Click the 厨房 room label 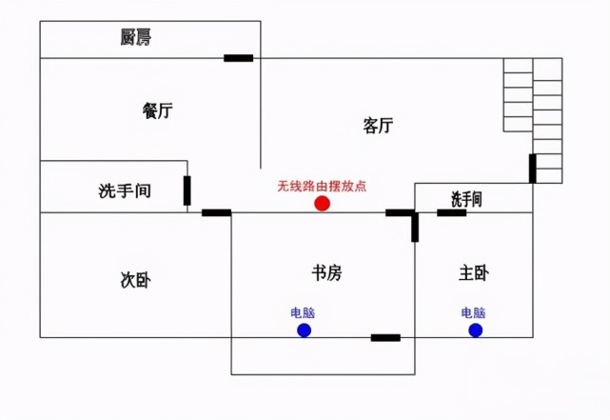135,37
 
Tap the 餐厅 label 157,110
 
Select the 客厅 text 378,126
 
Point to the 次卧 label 135,280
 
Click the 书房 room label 326,273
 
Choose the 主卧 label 474,273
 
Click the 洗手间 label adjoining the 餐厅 125,190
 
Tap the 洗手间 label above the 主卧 466,199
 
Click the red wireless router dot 322,203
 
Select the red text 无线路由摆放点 322,186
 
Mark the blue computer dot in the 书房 305,330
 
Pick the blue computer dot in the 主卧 476,330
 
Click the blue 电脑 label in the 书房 303,313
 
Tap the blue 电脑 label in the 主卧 474,313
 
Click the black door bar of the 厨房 239,58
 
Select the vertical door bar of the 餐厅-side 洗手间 187,190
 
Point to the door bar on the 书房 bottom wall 385,337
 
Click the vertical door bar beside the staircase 533,169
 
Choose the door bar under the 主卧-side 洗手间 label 452,212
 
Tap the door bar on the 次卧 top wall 216,212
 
